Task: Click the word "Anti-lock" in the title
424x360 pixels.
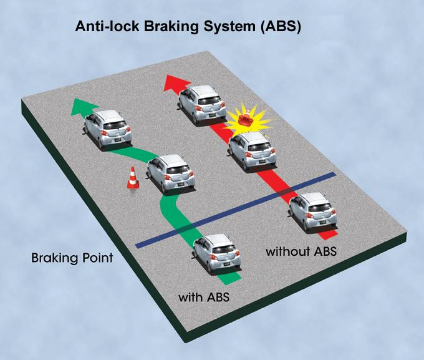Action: [107, 27]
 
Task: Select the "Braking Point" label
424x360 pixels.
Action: [72, 258]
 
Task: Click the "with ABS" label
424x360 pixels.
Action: [204, 298]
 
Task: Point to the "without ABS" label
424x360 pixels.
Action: [301, 251]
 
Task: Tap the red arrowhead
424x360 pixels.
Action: [177, 83]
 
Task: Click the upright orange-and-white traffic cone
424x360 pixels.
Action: [133, 178]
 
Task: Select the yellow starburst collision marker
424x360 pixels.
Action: [248, 120]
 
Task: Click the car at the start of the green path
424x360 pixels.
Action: [217, 254]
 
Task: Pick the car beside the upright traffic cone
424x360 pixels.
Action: [171, 173]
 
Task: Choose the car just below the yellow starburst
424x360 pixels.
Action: [252, 152]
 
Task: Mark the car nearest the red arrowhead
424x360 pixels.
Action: [202, 105]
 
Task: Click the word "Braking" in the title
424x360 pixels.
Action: [172, 27]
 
